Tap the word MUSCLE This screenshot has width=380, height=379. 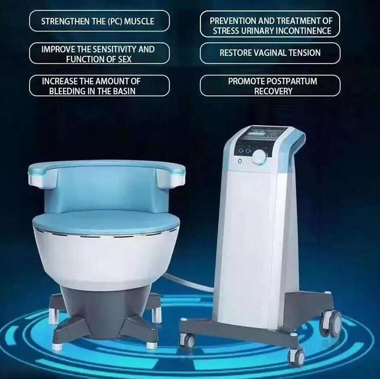coord(139,21)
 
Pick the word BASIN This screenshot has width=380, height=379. coord(123,91)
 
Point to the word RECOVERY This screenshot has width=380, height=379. coord(273,91)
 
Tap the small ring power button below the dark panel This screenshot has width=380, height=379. coord(240,161)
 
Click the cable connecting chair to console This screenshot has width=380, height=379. coord(189,281)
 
